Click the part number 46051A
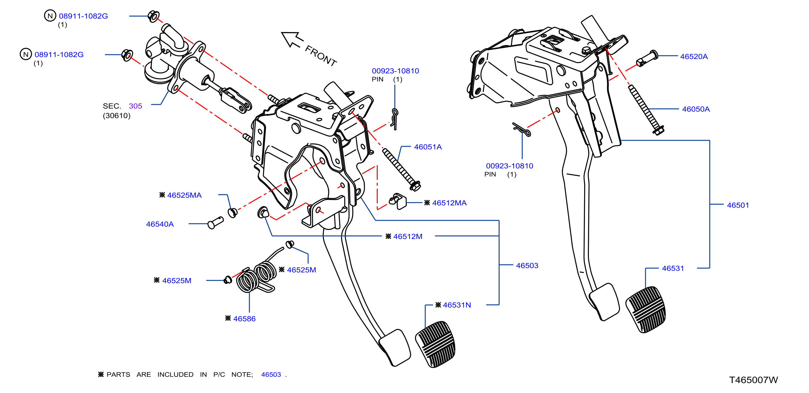pos(428,147)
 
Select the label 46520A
pos(694,57)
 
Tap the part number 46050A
pos(696,109)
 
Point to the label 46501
pos(738,205)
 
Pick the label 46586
pos(244,319)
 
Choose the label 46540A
pos(160,224)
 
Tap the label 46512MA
pos(449,203)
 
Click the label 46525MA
pos(184,195)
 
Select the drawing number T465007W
pos(753,380)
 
